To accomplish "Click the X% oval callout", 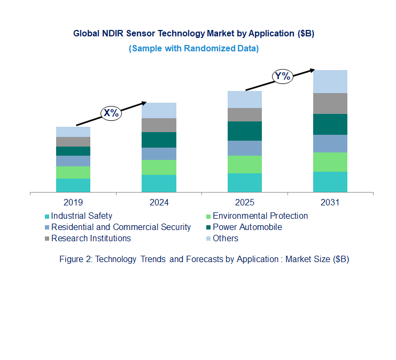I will coord(111,113).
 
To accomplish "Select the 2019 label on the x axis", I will coord(73,203).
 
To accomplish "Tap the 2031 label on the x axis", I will coord(330,203).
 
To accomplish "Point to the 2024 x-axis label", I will coord(159,203).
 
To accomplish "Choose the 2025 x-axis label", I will coord(244,203).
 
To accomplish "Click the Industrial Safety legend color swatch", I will coord(47,217).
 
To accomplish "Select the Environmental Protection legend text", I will coord(260,216).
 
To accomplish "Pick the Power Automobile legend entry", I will coord(247,227).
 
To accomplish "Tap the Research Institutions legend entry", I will coord(91,239).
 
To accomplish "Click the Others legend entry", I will coord(225,239).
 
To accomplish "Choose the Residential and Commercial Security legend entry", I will coord(121,227).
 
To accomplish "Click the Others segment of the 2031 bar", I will coord(330,81).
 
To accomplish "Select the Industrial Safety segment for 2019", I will coord(73,185).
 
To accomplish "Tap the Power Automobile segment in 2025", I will coord(244,131).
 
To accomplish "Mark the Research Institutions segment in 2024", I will coord(159,125).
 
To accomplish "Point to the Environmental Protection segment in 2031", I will coord(330,162).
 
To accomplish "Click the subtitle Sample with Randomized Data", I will coord(193,48).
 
